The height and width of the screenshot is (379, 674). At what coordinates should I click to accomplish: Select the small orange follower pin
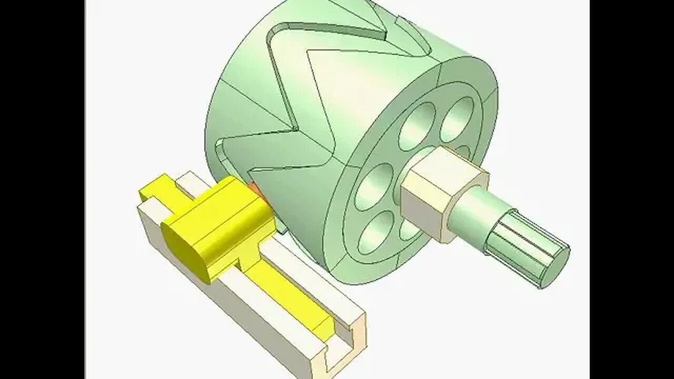(255, 189)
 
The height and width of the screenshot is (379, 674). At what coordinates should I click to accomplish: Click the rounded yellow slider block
(219, 226)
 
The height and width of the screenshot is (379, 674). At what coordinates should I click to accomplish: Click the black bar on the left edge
(42, 189)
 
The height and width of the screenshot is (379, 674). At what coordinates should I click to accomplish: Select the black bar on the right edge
(632, 189)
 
